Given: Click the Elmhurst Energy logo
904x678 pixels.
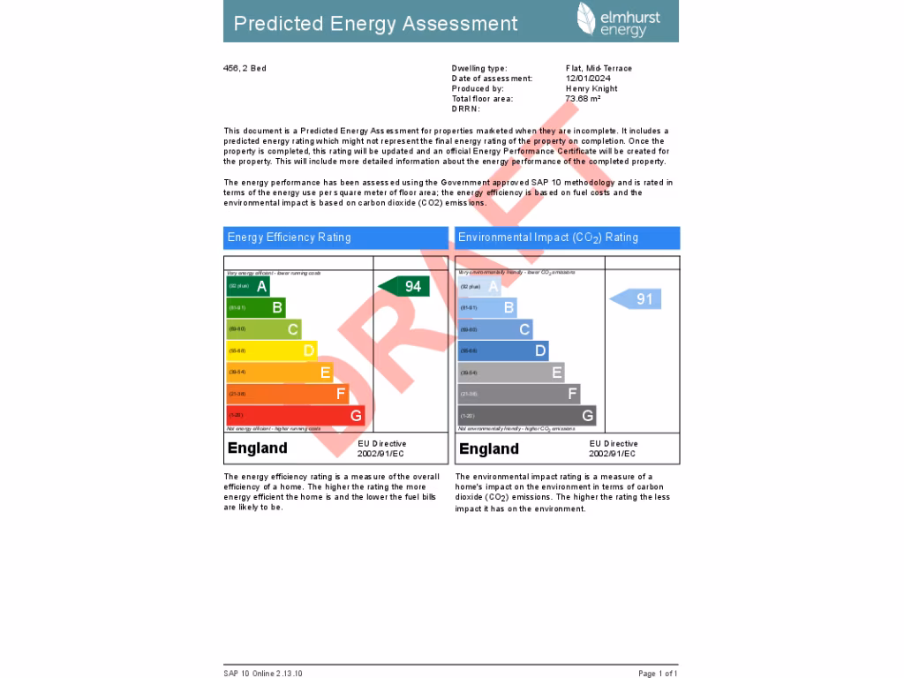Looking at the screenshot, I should tap(618, 19).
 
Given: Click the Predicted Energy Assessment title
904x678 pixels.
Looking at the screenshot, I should tap(375, 24).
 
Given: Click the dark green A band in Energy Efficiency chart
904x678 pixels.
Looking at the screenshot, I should tap(247, 286).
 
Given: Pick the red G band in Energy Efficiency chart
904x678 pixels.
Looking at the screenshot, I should tap(295, 415).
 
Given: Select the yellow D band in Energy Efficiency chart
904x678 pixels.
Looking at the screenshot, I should tap(271, 350).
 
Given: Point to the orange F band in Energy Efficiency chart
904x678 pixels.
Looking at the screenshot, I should tap(287, 394).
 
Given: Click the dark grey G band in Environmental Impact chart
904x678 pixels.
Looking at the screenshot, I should tap(526, 416).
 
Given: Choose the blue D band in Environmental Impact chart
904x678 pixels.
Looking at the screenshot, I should tap(502, 350).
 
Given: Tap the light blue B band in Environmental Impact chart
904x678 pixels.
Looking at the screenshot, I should tap(486, 307).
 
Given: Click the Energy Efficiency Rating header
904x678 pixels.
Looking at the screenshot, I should tap(335, 237).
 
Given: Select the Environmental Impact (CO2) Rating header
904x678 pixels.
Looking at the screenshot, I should tap(567, 237).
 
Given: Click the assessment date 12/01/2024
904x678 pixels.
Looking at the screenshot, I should tap(588, 79).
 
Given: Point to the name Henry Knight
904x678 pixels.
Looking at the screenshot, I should tap(591, 88).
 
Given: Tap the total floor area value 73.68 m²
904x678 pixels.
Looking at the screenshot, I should tap(583, 99).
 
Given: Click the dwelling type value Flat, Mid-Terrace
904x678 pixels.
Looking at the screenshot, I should tap(599, 68).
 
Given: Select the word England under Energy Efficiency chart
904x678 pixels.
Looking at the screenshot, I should tap(258, 448).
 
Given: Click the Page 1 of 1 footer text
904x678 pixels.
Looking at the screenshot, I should tap(658, 674).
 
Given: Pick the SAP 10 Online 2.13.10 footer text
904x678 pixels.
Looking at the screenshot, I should tap(263, 674).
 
